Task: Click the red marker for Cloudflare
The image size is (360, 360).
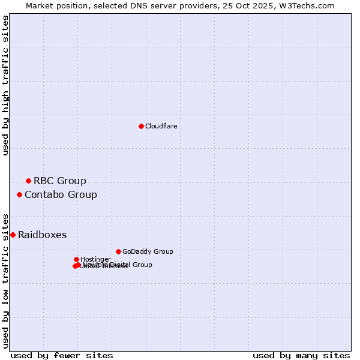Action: coord(141,126)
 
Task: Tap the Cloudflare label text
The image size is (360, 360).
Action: coord(161,126)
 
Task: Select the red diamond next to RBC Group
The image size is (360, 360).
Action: coord(28,181)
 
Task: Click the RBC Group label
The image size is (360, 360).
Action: coord(59,181)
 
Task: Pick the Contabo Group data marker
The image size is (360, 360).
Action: coord(19,194)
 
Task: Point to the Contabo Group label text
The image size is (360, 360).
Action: coord(61,194)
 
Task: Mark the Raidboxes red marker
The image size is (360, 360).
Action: coord(13,235)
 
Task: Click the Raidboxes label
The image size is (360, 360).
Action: coord(42,235)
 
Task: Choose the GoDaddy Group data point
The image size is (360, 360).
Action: coord(118,251)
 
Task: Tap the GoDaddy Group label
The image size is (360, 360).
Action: coord(147,251)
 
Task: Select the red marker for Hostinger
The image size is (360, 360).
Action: coord(76,259)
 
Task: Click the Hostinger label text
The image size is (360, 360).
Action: coord(95,259)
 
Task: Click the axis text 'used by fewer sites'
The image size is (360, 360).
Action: coord(62,355)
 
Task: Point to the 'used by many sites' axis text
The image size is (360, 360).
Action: coord(301,355)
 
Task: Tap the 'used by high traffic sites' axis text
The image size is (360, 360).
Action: coord(6,85)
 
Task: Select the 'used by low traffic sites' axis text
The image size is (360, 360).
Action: coord(6,280)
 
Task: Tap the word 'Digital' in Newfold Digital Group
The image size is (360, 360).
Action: coord(120,265)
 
